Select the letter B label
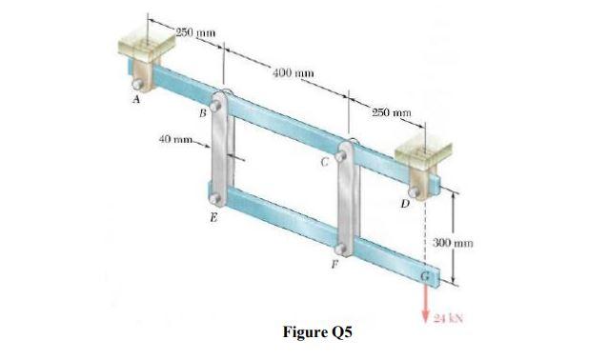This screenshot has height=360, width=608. point(201,113)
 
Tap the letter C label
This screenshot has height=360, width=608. point(324,161)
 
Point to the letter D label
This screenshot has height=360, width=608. point(405,203)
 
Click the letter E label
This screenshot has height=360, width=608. point(213,218)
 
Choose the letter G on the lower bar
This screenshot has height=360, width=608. point(427,277)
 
